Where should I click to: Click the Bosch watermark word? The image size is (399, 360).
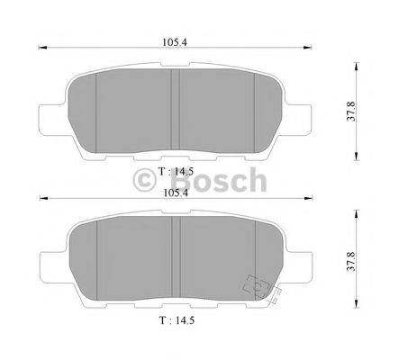(x=225, y=181)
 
